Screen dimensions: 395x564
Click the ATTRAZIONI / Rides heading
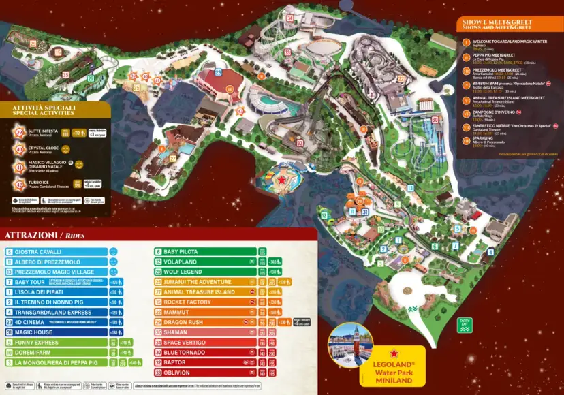click(46, 236)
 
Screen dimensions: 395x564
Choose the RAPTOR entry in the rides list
click(176, 362)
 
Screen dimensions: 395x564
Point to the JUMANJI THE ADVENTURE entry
click(193, 282)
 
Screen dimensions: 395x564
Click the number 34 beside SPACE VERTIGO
click(158, 343)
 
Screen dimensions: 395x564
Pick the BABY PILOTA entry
click(181, 252)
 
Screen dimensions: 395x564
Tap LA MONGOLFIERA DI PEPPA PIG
click(58, 363)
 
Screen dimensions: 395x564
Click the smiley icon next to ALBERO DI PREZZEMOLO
click(114, 262)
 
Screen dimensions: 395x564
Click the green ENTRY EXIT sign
click(465, 325)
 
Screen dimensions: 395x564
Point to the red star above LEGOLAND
click(393, 354)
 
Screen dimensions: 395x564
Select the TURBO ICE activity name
click(40, 181)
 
